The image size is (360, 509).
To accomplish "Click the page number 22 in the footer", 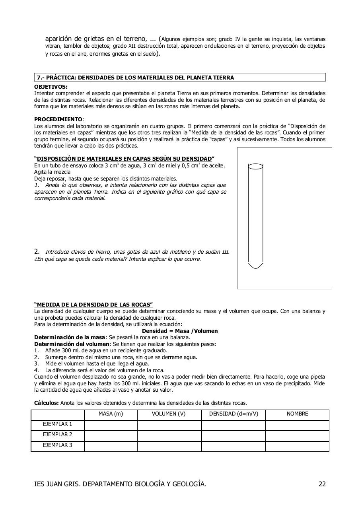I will point(322,484).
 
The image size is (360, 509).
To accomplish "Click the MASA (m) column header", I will point(111,414).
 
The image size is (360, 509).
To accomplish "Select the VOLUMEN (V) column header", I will point(169,414).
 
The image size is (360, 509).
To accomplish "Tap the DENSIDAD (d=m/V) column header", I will point(234,414).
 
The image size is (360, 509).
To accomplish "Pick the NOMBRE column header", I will point(297,414).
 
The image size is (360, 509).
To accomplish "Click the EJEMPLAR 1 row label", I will point(58,424).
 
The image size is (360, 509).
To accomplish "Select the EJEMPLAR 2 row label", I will point(58,435).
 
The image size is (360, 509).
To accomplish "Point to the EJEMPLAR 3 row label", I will point(58,445).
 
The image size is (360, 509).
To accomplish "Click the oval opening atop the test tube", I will point(255,166).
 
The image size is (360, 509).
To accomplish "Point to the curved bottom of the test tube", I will point(255,266).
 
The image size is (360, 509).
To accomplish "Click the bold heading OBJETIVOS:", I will point(51,87).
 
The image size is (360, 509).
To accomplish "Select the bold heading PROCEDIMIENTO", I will point(58,119).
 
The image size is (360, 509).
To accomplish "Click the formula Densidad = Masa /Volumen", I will point(180,331).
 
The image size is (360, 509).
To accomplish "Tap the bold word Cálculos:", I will point(46,403).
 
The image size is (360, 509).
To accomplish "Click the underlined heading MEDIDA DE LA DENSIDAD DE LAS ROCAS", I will point(93,305).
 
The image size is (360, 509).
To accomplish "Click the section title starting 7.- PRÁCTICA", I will point(135,78).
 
